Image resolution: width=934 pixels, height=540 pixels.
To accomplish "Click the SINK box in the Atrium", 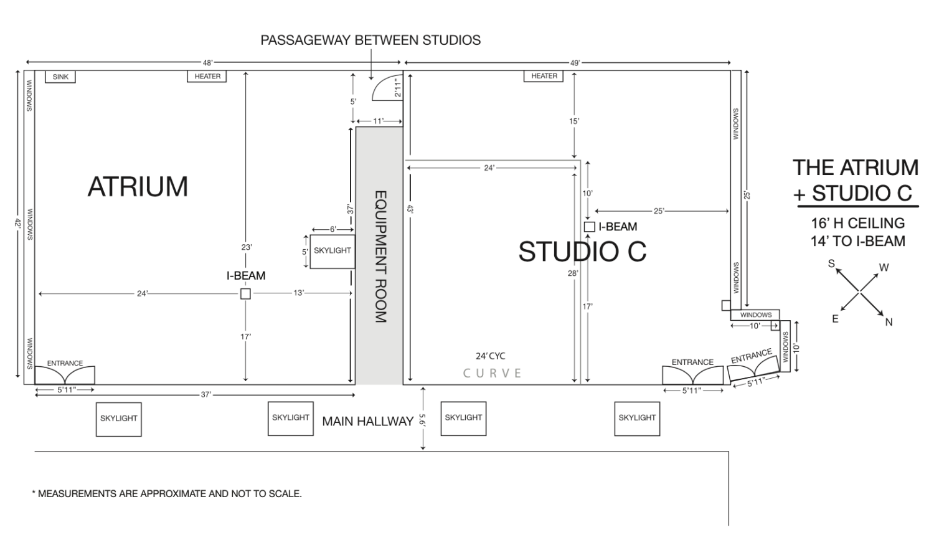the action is (x=60, y=77).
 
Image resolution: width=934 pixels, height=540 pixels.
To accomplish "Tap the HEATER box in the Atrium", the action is (x=207, y=77).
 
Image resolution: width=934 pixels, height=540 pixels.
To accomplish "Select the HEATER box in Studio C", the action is (x=544, y=76).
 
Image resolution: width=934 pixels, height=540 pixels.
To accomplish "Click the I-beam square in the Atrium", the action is (x=245, y=294).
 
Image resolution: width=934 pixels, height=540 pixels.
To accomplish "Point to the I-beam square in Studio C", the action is (x=589, y=227).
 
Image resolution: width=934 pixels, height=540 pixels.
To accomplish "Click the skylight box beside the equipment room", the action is (x=333, y=252).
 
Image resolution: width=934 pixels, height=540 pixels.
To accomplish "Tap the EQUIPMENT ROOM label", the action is (x=380, y=257).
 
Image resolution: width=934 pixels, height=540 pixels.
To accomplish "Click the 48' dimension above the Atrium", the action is (x=207, y=62).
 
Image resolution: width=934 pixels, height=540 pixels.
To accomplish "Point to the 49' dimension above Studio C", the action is (x=575, y=63).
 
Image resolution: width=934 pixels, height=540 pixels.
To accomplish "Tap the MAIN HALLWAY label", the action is (x=368, y=422).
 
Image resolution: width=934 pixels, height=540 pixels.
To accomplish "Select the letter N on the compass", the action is (x=889, y=323).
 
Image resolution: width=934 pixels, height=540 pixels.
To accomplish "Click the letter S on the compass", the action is (x=831, y=263).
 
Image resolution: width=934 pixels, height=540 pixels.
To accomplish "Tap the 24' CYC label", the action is (x=491, y=356).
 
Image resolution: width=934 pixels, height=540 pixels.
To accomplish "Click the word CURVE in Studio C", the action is (x=492, y=373).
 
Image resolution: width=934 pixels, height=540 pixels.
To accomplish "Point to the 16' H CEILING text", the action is (x=857, y=224).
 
